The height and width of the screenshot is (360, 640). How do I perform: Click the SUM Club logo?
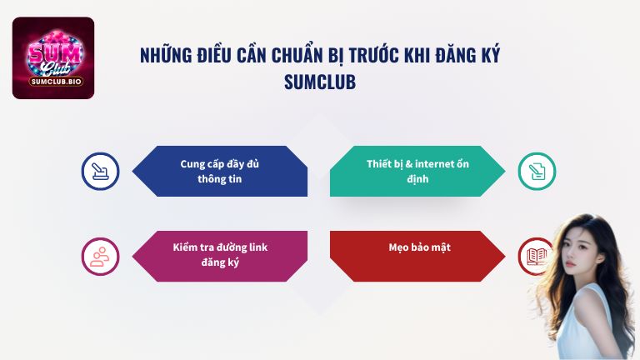click(x=53, y=57)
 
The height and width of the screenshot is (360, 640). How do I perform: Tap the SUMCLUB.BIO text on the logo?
click(x=53, y=82)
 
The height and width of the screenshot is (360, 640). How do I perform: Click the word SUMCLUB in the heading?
click(x=320, y=82)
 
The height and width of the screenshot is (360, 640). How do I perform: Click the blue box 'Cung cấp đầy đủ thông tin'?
click(x=221, y=171)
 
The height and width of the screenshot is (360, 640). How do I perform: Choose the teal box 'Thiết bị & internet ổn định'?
click(x=417, y=171)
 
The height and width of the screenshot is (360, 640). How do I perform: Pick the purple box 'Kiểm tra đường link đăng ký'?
click(x=220, y=255)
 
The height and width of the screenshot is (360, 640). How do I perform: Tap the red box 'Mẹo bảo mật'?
click(x=417, y=247)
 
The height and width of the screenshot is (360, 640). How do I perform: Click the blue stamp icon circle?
click(x=100, y=172)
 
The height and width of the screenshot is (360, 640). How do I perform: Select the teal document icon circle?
click(x=536, y=172)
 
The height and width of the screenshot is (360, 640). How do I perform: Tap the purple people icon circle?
click(x=100, y=256)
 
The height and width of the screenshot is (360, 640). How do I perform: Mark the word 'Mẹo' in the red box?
click(x=398, y=247)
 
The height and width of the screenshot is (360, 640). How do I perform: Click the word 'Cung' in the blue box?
click(x=192, y=163)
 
